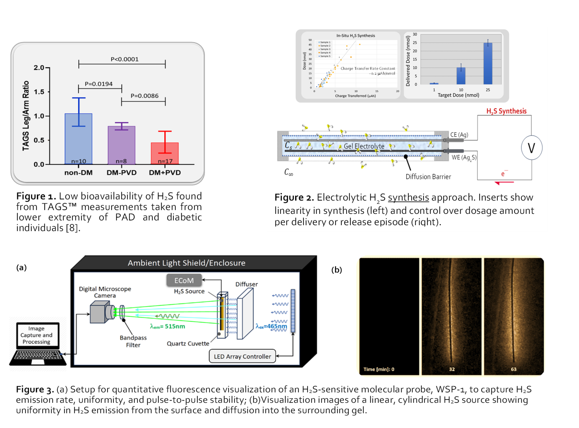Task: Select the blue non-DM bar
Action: pos(79,138)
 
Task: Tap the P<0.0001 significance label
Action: pos(125,59)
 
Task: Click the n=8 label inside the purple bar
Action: pos(121,161)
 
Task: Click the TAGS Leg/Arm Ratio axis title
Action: pos(26,116)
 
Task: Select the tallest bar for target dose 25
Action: pos(488,63)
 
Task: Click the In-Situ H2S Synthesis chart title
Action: pos(356,36)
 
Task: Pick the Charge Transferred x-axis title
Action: pos(355,96)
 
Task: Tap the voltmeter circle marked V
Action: pos(531,148)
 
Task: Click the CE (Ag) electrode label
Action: pos(459,135)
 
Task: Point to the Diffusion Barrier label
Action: pos(428,177)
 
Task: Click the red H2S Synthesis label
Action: pos(506,111)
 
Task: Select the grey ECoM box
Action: pos(184,280)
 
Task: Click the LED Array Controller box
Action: pos(242,356)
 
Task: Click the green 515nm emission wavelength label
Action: pos(168,326)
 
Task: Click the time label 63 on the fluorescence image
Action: pos(513,369)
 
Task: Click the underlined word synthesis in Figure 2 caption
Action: pos(408,197)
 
